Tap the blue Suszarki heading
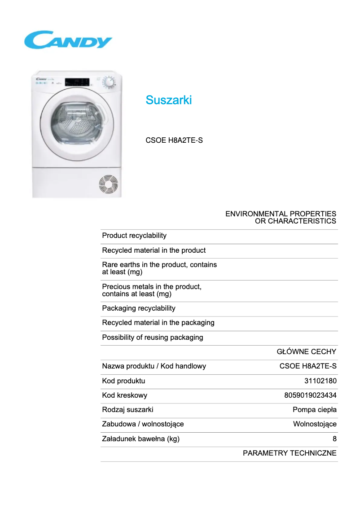tap(168, 100)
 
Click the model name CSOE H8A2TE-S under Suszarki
tap(174, 140)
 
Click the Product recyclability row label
tap(134, 236)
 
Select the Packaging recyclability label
tap(139, 308)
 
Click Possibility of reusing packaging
tap(153, 338)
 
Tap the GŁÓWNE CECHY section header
tap(307, 352)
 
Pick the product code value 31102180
tap(320, 381)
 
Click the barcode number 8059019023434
tap(311, 395)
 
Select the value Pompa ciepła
tap(315, 410)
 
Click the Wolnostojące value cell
tap(315, 424)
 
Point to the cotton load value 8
tap(334, 439)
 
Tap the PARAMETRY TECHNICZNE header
tap(290, 453)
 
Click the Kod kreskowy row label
tap(125, 395)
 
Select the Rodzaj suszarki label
tap(128, 410)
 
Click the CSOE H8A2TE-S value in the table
tap(308, 366)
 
